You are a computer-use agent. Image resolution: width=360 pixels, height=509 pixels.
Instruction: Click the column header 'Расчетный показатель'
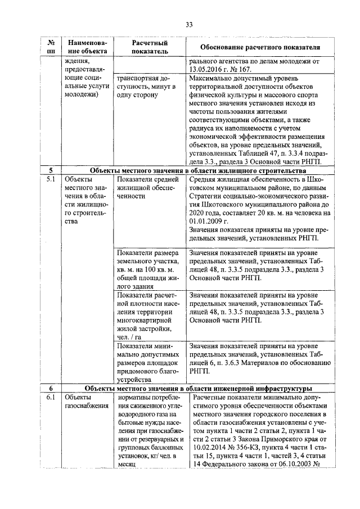point(150,47)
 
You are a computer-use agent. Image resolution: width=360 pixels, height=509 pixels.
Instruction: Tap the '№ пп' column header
point(51,47)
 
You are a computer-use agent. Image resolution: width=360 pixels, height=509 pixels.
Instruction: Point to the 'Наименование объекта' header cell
point(86,47)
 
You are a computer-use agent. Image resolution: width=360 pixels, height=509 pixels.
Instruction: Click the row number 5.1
point(51,179)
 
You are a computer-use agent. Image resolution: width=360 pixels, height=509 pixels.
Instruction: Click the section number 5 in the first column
point(51,170)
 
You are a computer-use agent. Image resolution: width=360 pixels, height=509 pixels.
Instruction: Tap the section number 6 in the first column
point(51,389)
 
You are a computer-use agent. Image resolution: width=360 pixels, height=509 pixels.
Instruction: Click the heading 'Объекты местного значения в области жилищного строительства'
point(198,170)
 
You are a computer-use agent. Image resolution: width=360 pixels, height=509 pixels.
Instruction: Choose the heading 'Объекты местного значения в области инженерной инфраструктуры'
point(198,389)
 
